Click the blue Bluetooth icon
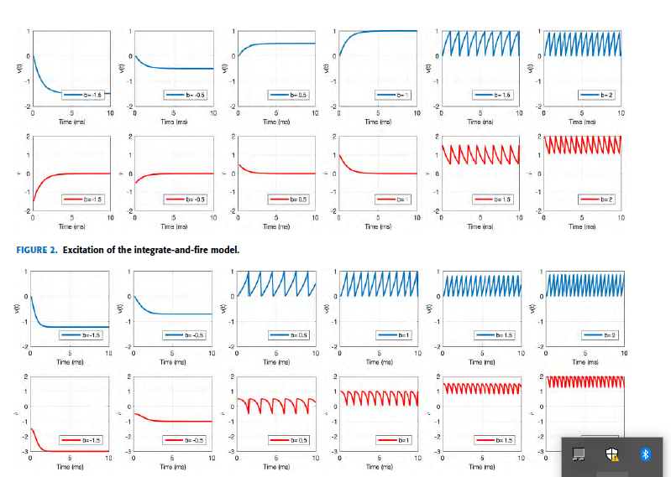(646, 454)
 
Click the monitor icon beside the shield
(578, 454)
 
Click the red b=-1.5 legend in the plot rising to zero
(84, 200)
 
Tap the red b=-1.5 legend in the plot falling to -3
(82, 439)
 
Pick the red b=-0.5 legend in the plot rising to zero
(186, 200)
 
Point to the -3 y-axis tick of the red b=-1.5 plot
(26, 452)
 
